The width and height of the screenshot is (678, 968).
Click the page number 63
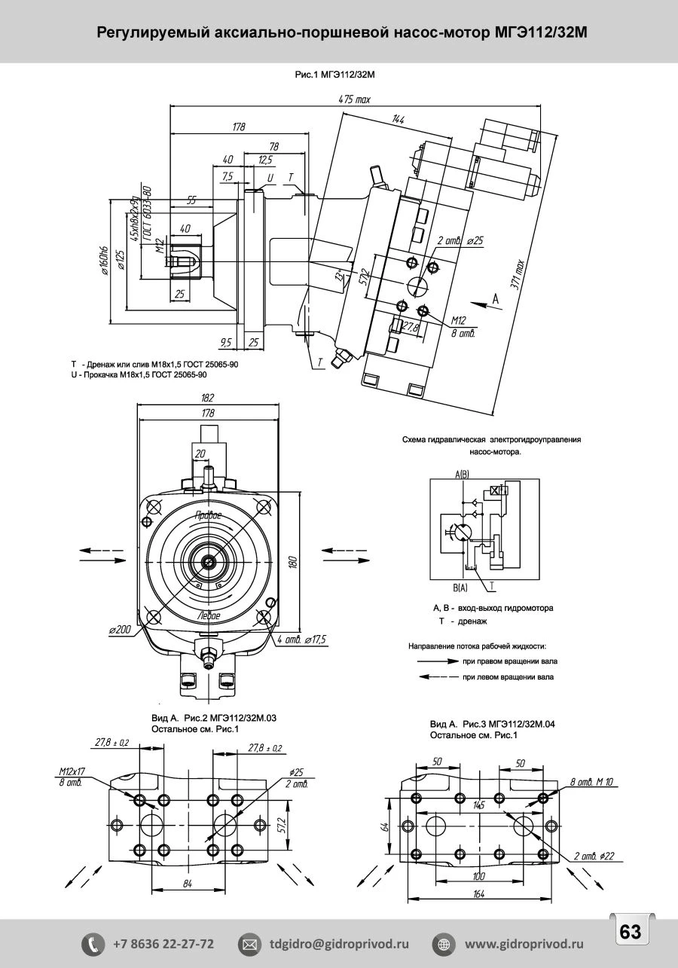click(630, 932)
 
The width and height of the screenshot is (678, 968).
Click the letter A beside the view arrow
click(495, 299)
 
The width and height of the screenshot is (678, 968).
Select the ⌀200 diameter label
click(121, 629)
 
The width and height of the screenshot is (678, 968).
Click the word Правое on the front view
click(208, 515)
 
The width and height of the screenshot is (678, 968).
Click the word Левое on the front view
click(208, 615)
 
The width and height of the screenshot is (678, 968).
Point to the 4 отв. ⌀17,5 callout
click(301, 639)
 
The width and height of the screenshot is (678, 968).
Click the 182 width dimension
click(208, 398)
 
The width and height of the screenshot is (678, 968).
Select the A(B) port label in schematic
click(462, 474)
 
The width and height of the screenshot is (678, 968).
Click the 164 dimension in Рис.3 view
click(478, 894)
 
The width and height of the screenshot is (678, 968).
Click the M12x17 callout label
click(72, 772)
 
